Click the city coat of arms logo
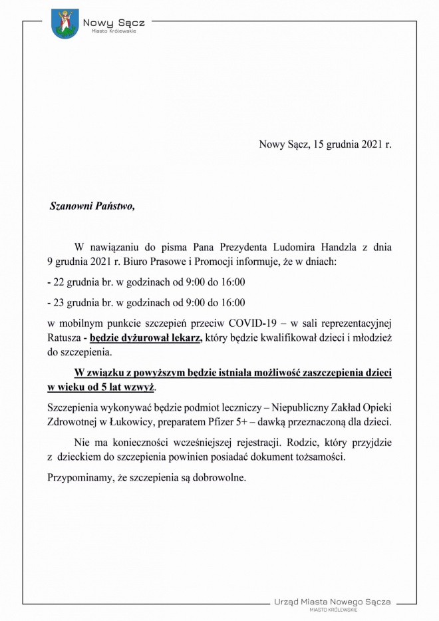coord(65,23)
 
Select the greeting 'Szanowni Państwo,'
coord(92,206)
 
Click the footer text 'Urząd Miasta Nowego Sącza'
coord(333,601)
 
